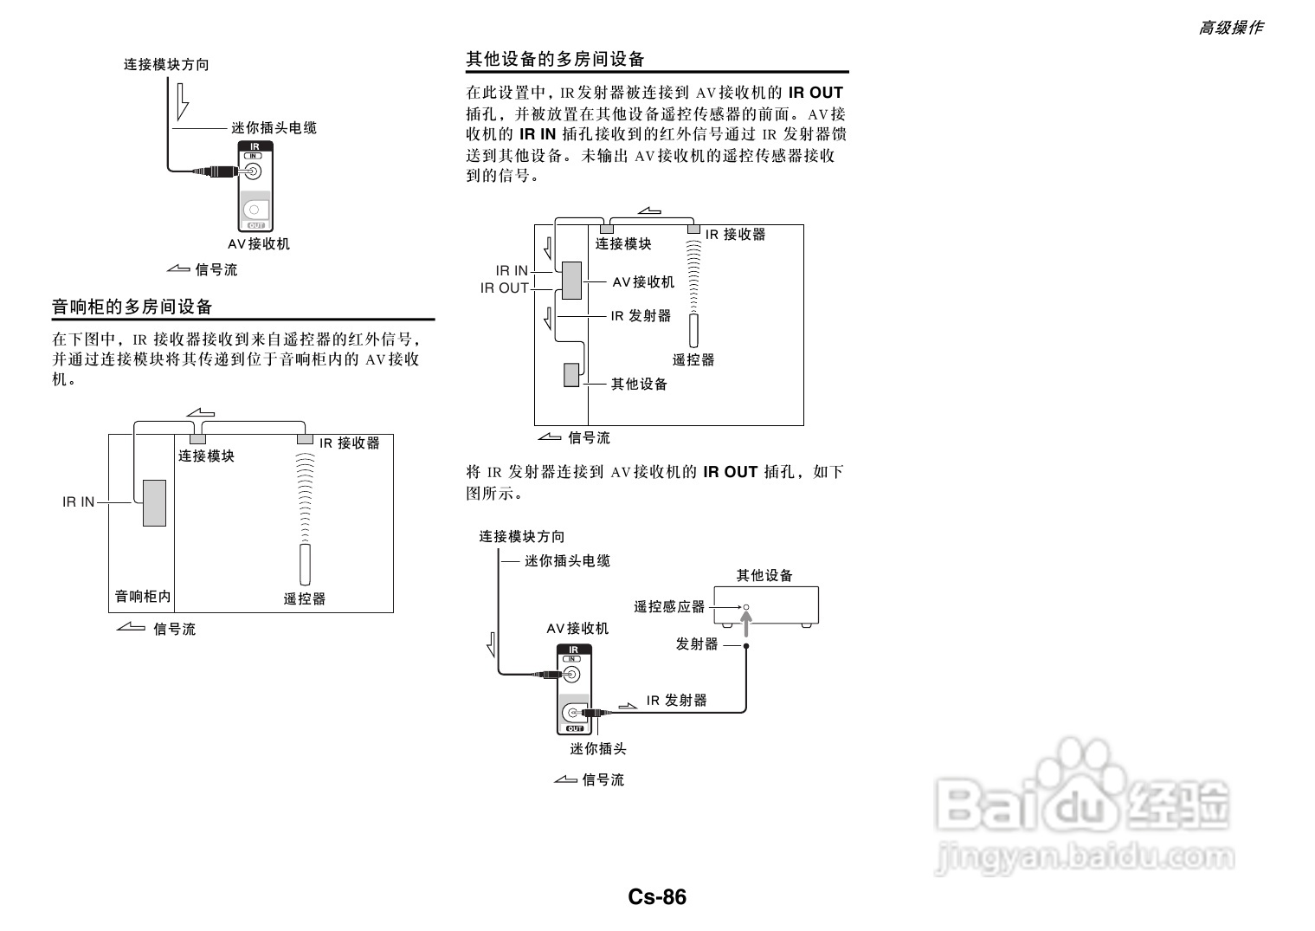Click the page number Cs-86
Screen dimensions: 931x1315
tap(657, 897)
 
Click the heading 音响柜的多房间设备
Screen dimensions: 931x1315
tap(132, 307)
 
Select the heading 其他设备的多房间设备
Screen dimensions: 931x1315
tap(555, 59)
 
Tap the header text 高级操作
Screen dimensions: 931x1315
tap(1230, 28)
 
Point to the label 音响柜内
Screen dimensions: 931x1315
tap(143, 597)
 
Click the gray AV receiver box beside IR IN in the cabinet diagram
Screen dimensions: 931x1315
tap(154, 502)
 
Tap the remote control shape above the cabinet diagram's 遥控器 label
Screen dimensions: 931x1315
tap(305, 565)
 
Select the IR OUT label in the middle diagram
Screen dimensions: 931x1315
tap(504, 288)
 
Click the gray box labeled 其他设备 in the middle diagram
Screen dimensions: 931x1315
tap(571, 374)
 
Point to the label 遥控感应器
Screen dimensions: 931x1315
tap(669, 607)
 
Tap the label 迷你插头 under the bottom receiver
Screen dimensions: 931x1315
tap(597, 749)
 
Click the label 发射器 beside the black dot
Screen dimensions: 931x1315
tap(697, 644)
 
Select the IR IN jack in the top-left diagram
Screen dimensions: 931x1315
tap(254, 170)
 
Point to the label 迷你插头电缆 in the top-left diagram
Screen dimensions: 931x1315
tap(274, 128)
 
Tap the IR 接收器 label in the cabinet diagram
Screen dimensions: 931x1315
tap(350, 443)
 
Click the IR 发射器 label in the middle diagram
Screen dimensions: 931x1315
tap(641, 316)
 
